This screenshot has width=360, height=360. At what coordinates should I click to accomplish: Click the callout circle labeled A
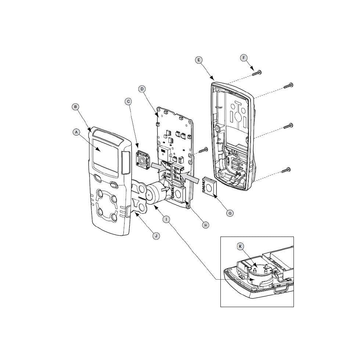click(76, 131)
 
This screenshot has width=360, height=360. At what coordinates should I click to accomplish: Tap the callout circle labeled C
click(128, 101)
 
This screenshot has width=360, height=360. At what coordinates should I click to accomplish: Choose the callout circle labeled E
click(199, 60)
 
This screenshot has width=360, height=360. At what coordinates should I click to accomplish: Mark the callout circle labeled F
click(244, 58)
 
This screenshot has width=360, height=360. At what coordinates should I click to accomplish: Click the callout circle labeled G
click(230, 212)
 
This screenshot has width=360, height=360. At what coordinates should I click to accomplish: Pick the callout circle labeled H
click(206, 225)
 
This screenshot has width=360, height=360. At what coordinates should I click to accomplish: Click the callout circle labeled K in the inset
click(240, 246)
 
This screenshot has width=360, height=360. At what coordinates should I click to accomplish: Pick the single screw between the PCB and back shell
click(203, 150)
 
